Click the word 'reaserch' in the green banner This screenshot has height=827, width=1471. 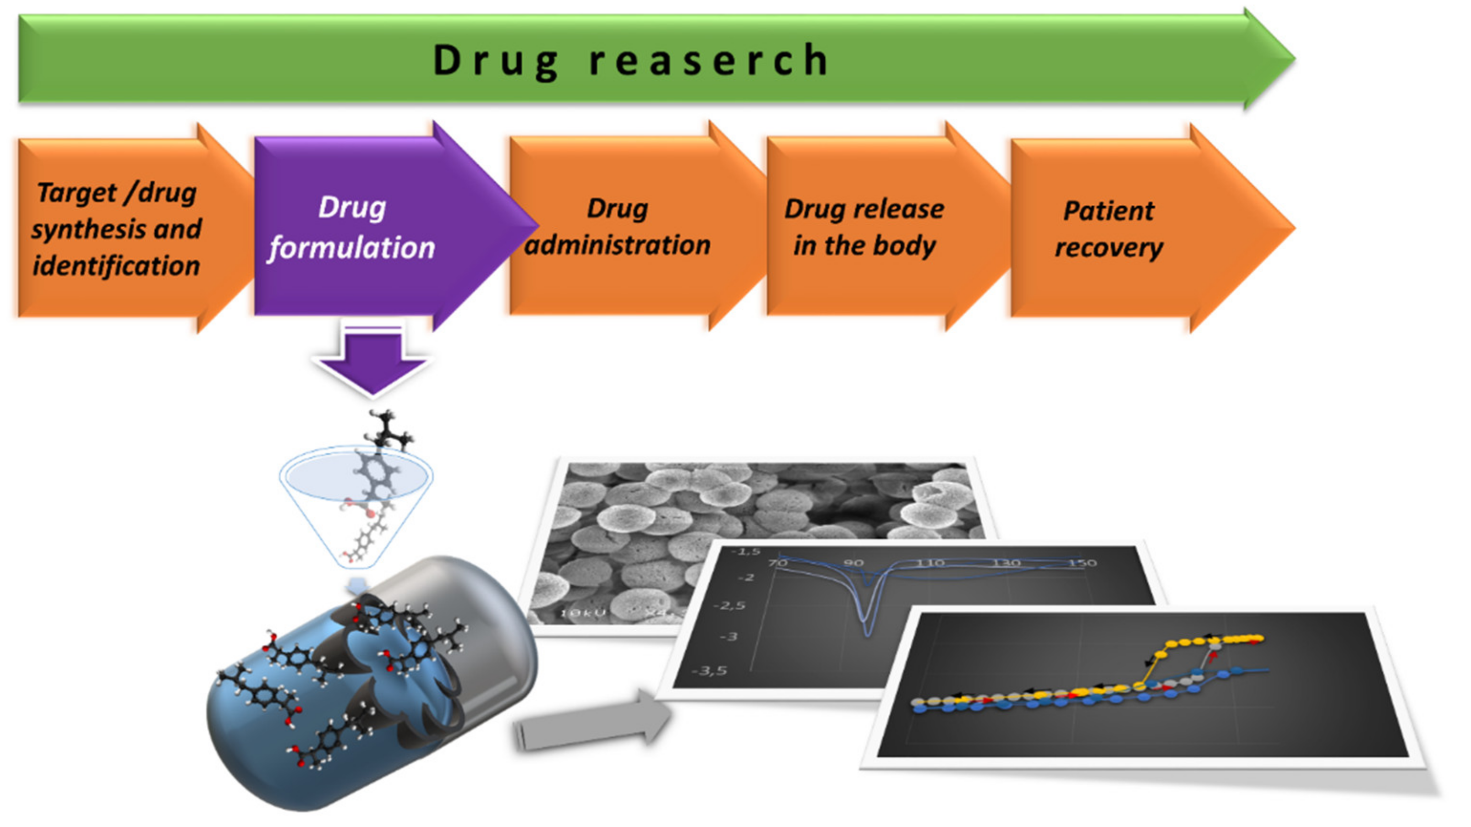click(x=708, y=60)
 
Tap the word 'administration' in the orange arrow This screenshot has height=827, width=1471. click(x=617, y=245)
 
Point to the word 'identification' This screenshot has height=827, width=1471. click(x=117, y=266)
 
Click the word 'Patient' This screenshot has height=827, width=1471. click(x=1109, y=211)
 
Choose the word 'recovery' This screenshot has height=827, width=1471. click(x=1109, y=248)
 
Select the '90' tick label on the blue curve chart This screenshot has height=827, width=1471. click(x=853, y=563)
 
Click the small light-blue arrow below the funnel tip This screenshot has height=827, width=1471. click(x=357, y=584)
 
